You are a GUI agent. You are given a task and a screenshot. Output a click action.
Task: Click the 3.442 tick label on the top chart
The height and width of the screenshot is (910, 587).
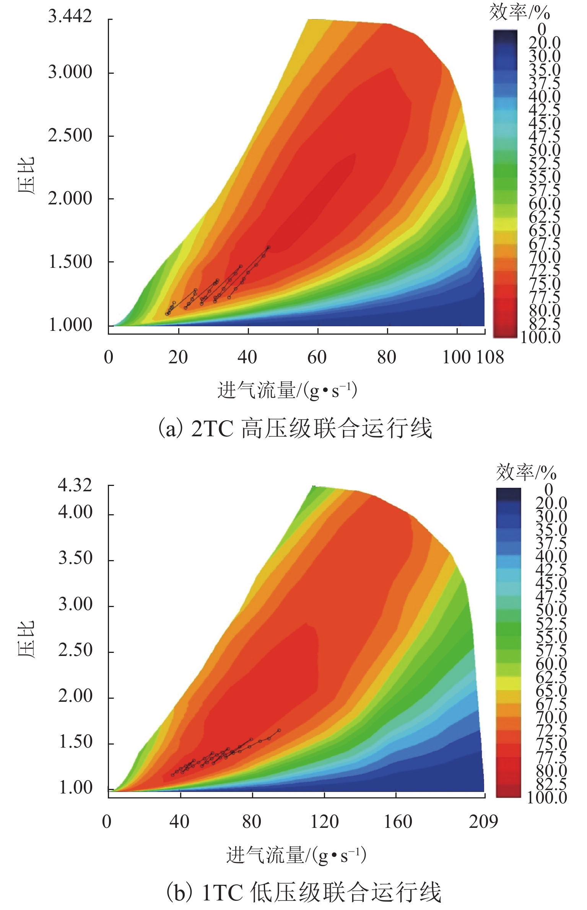point(70,16)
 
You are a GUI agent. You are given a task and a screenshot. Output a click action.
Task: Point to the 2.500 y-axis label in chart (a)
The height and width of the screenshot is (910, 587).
point(70,136)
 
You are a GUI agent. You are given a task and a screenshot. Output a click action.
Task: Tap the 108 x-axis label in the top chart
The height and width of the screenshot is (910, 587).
point(490,358)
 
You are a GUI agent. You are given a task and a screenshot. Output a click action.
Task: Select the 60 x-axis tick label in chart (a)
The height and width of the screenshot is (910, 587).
point(317,358)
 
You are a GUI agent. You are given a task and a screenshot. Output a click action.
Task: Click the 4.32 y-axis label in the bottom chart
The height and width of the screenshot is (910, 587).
point(75,486)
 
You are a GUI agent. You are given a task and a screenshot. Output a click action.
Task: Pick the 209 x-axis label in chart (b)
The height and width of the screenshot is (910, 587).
point(483,821)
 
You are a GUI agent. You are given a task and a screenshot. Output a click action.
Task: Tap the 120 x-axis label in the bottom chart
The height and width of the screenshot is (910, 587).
point(324,821)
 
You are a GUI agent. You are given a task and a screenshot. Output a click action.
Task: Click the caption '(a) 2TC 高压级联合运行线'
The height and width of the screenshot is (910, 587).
point(295,428)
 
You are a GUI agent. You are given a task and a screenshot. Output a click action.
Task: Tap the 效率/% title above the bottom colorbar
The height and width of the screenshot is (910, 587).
point(526,473)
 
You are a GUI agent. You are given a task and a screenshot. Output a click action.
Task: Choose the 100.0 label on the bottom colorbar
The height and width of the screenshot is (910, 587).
point(547,798)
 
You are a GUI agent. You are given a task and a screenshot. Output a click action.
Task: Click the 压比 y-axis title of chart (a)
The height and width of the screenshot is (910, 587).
point(26,175)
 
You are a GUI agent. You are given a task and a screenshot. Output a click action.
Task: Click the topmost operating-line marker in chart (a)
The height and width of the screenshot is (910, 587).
point(268,248)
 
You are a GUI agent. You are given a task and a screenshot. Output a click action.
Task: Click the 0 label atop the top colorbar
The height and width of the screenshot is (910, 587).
point(541,29)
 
